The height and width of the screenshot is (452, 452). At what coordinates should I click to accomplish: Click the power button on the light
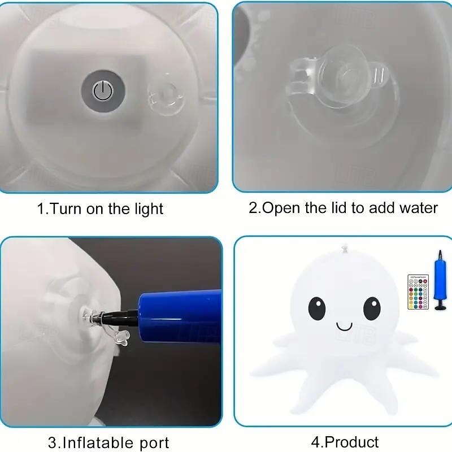pos(103,91)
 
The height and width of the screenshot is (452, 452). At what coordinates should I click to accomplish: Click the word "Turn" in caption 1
pos(66,208)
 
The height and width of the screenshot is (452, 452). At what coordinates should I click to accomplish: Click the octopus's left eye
pos(317,308)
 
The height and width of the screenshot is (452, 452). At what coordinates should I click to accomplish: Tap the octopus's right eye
pos(372,308)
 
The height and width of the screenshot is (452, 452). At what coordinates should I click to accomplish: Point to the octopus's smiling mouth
pos(344,327)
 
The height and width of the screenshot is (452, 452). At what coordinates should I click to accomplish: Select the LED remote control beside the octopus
pos(418,292)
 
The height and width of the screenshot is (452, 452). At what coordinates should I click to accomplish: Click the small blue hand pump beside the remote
pos(440,280)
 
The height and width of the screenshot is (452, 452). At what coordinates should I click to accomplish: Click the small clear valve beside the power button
pos(165,96)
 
